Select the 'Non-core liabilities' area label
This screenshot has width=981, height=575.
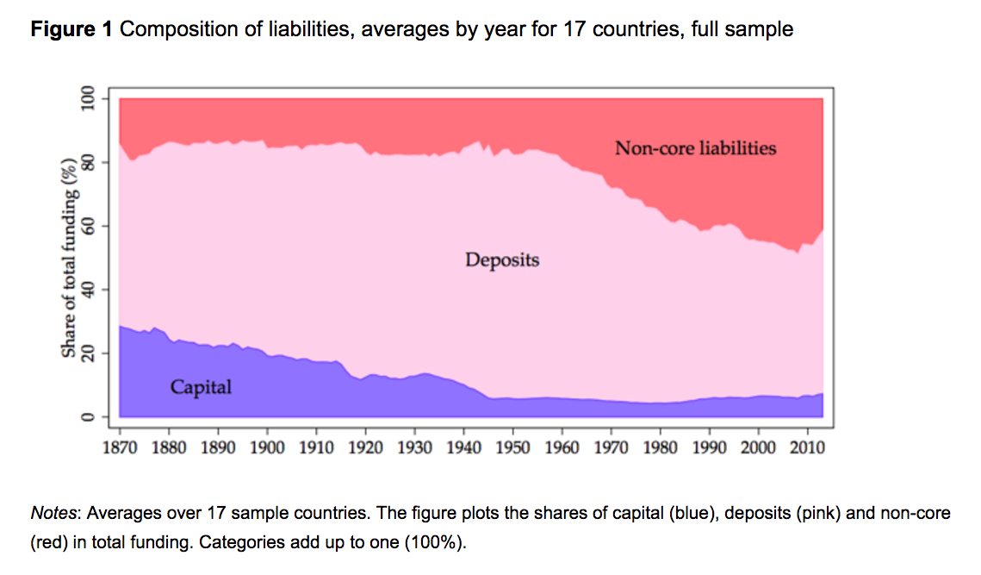pyautogui.click(x=695, y=148)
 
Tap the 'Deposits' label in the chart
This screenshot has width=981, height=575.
pyautogui.click(x=502, y=259)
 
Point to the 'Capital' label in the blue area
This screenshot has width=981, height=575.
pyautogui.click(x=201, y=387)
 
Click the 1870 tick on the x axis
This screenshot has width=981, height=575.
pyautogui.click(x=120, y=448)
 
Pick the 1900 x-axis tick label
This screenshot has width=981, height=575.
pyautogui.click(x=267, y=448)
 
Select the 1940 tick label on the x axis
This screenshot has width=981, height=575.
pyautogui.click(x=463, y=448)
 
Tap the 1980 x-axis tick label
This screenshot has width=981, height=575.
pyautogui.click(x=660, y=448)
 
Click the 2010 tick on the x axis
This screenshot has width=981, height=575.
pyautogui.click(x=807, y=448)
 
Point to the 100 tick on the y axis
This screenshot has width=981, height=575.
pyautogui.click(x=87, y=99)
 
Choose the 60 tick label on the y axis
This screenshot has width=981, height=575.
pyautogui.click(x=87, y=226)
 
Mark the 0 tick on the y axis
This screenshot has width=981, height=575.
pyautogui.click(x=87, y=416)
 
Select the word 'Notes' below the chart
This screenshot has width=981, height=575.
pyautogui.click(x=54, y=514)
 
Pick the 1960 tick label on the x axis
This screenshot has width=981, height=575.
pyautogui.click(x=562, y=448)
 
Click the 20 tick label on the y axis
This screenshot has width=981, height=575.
pyautogui.click(x=87, y=353)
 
